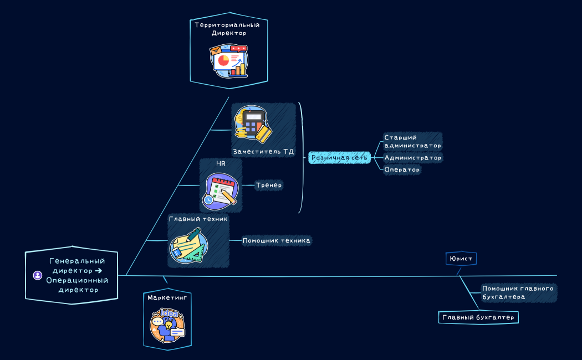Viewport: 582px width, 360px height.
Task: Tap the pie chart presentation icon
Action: click(228, 61)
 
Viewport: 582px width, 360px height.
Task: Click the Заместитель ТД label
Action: click(263, 151)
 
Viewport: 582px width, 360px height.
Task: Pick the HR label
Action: click(221, 164)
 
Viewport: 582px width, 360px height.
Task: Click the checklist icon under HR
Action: click(221, 189)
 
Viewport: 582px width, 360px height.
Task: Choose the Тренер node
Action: click(269, 186)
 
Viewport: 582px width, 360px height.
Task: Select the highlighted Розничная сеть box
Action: click(339, 158)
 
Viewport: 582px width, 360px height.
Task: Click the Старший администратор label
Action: click(412, 141)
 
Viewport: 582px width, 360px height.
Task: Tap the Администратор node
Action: click(413, 158)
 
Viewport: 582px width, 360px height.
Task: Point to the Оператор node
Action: click(402, 169)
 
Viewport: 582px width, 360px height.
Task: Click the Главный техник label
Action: click(198, 219)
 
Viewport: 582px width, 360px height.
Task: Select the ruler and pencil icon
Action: click(188, 246)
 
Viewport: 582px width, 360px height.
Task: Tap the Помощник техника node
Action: click(277, 240)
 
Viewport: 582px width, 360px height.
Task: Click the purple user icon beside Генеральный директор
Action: click(38, 275)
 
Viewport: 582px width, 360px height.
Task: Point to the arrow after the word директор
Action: click(99, 271)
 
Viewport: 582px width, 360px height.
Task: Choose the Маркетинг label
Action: click(167, 297)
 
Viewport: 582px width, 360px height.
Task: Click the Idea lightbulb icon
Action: click(167, 326)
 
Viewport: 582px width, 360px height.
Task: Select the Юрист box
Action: click(461, 259)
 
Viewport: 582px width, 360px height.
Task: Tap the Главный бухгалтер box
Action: click(478, 317)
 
